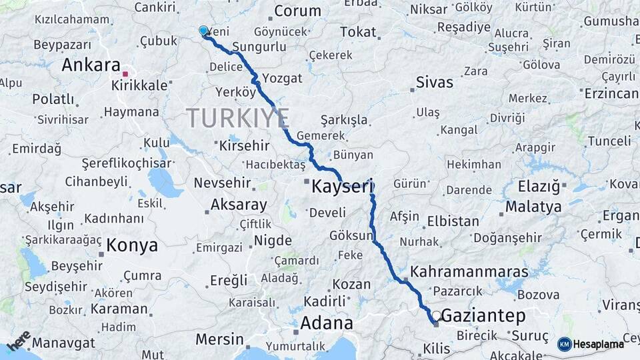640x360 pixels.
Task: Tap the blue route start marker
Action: pyautogui.click(x=203, y=31)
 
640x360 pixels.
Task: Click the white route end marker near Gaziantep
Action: pyautogui.click(x=436, y=315)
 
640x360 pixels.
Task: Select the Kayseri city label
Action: pyautogui.click(x=342, y=187)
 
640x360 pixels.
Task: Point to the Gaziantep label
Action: pyautogui.click(x=483, y=315)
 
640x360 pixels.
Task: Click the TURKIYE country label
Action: pyautogui.click(x=237, y=118)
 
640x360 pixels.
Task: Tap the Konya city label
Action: pyautogui.click(x=132, y=245)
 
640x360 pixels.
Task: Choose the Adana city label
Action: pyautogui.click(x=327, y=323)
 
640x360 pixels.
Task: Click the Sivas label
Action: pyautogui.click(x=434, y=83)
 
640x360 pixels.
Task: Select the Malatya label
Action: pyautogui.click(x=533, y=207)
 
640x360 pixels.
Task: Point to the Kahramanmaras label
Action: pyautogui.click(x=469, y=272)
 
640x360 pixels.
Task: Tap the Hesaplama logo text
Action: pyautogui.click(x=598, y=344)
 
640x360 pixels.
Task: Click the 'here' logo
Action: pyautogui.click(x=19, y=342)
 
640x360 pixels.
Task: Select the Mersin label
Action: pyautogui.click(x=219, y=339)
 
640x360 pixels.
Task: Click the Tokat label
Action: pyautogui.click(x=358, y=32)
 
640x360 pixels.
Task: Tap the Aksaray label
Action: pyautogui.click(x=238, y=205)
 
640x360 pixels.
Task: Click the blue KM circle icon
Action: pyautogui.click(x=564, y=344)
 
